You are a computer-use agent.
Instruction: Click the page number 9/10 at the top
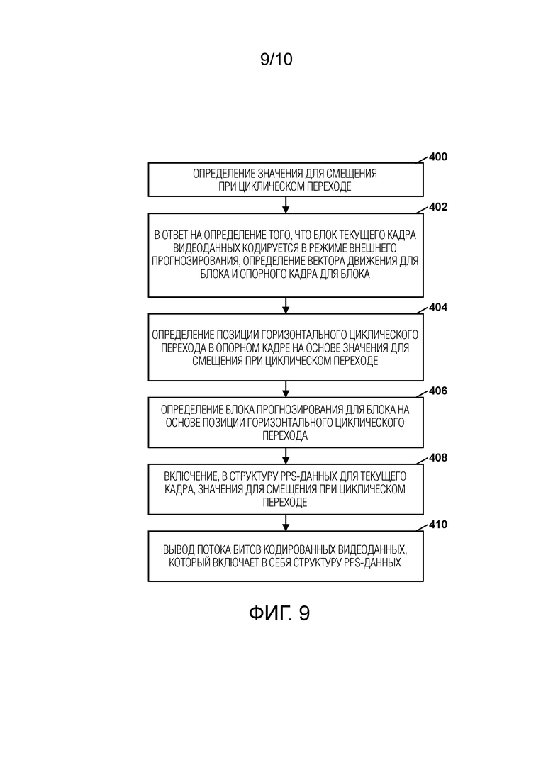coord(276,60)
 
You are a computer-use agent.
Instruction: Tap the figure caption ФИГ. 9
coord(279,613)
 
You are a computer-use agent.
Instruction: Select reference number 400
coord(438,157)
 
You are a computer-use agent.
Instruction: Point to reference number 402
coord(438,207)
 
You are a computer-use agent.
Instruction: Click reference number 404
coord(438,307)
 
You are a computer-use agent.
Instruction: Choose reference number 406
coord(438,391)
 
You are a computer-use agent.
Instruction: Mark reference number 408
coord(438,457)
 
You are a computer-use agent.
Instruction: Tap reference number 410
coord(438,524)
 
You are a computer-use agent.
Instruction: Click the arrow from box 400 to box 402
coord(286,205)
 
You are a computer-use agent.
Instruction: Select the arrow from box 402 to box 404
coord(286,306)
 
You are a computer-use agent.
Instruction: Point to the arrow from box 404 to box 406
coord(286,389)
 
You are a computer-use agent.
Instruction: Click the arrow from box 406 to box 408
coord(286,456)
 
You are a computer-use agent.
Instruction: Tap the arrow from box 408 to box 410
coord(286,523)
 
